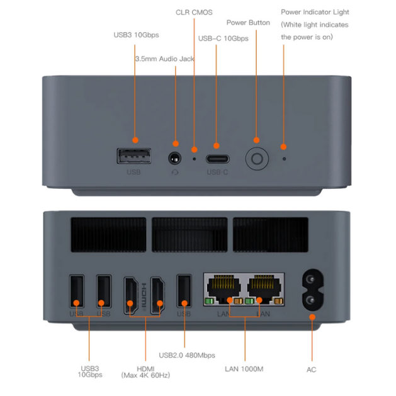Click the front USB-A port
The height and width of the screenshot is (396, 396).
pyautogui.click(x=134, y=156)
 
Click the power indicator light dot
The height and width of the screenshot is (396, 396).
pyautogui.click(x=284, y=159)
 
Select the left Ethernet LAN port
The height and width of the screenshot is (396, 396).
pyautogui.click(x=223, y=288)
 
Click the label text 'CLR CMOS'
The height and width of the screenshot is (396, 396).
pyautogui.click(x=194, y=12)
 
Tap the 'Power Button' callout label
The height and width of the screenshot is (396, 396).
pyautogui.click(x=248, y=23)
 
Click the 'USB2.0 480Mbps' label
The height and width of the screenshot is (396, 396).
pyautogui.click(x=187, y=356)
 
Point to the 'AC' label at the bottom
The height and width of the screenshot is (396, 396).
pyautogui.click(x=311, y=370)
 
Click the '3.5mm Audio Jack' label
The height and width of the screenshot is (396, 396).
pyautogui.click(x=164, y=59)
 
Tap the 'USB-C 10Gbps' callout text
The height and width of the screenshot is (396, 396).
pyautogui.click(x=223, y=38)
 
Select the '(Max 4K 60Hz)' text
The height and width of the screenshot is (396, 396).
pyautogui.click(x=146, y=376)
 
